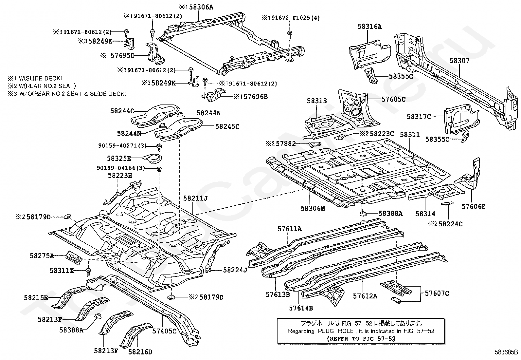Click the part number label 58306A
201,7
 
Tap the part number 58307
459,61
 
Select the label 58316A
369,27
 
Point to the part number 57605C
394,100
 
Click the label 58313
317,101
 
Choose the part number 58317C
419,116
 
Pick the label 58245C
227,126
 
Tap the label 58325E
119,158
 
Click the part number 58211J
195,198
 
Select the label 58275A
42,256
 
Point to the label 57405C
164,331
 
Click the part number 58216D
140,351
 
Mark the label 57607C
437,293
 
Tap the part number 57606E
474,207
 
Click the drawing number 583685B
506,352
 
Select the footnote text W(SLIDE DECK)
40,78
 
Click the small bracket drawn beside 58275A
74,257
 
